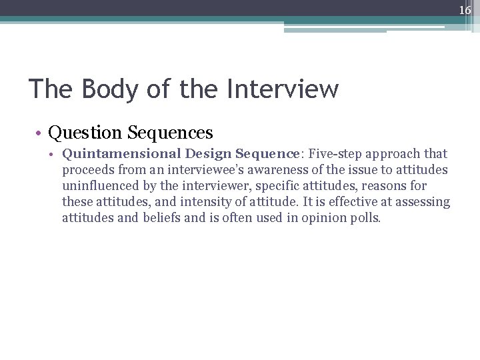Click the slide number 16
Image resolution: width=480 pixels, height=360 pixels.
pos(465,10)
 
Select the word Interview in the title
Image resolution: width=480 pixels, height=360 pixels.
pos(283,89)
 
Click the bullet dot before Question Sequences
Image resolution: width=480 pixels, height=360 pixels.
pos(41,133)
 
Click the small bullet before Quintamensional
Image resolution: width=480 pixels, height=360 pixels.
pos(56,155)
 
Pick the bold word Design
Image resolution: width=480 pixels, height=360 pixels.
pos(209,154)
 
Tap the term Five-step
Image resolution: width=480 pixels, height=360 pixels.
pos(337,154)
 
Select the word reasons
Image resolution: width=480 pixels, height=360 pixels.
pos(383,186)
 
